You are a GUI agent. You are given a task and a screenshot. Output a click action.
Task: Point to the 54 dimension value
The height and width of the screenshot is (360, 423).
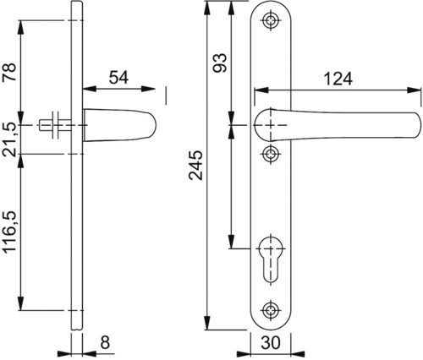coord(118,78)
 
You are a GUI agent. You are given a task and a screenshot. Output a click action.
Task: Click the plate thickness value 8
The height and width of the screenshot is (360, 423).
coord(105,342)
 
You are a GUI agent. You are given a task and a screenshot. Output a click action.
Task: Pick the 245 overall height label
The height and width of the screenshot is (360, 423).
coord(195,166)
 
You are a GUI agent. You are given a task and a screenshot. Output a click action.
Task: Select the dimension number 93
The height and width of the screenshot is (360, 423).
coord(220,63)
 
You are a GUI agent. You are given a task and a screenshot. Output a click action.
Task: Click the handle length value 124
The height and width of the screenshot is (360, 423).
coord(338,79)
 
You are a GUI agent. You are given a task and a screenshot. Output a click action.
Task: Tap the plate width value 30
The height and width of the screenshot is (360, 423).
coord(271,342)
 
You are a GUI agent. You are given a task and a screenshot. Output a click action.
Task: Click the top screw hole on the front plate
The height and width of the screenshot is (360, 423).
coord(271,20)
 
